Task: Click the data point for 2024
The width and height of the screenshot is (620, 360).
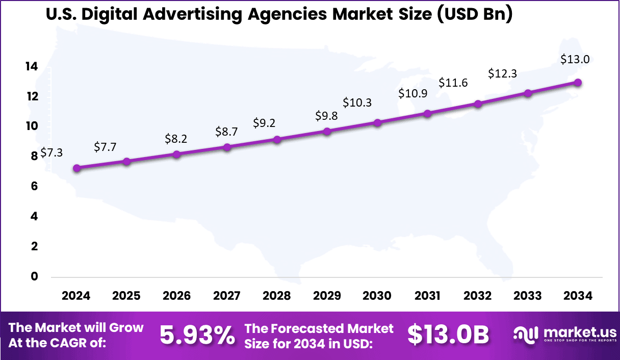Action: [x=76, y=168]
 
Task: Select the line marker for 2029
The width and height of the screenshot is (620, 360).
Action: [x=327, y=132]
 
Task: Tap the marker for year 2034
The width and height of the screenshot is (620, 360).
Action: [x=578, y=83]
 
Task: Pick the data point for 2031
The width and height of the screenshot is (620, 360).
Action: [x=428, y=114]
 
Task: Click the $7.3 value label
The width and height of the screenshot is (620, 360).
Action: [x=51, y=152]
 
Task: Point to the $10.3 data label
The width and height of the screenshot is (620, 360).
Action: [x=357, y=102]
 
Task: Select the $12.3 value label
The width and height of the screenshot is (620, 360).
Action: [x=502, y=73]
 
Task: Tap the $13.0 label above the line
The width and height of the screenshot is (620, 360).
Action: [x=575, y=59]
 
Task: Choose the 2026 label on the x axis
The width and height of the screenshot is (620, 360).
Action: [x=176, y=296]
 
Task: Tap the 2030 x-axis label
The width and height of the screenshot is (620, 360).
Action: [x=377, y=296]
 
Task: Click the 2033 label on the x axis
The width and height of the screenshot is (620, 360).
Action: [x=528, y=296]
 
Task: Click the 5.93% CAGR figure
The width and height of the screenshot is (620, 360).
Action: [x=197, y=335]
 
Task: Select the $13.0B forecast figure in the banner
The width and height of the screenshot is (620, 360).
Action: [x=448, y=335]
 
